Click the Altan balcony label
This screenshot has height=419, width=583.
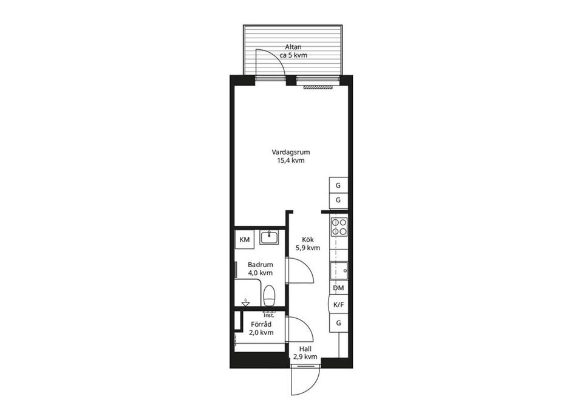(293, 47)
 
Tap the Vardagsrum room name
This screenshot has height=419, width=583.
(291, 152)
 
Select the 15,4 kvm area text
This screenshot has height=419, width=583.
(291, 160)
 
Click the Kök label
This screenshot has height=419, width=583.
(308, 240)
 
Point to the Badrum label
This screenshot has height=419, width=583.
(261, 265)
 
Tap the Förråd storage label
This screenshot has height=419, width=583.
(261, 324)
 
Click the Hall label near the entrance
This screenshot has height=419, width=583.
(305, 349)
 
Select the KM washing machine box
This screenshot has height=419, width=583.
(245, 239)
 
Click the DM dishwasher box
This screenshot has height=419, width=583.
(338, 288)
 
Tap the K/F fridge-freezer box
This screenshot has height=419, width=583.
(338, 305)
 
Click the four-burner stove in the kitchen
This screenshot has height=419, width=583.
(339, 227)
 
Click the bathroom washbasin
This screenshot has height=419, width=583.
(269, 237)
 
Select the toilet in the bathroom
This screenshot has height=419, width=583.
(269, 296)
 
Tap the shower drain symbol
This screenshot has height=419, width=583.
(245, 302)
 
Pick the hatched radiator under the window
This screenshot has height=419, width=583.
(318, 87)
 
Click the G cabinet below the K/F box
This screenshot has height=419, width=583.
(338, 323)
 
